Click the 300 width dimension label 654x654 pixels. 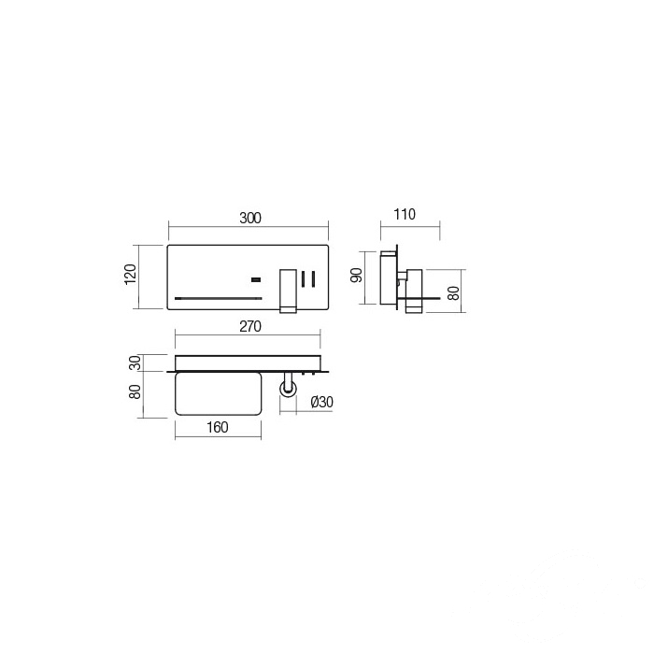(x=250, y=218)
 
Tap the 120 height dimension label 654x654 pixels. (x=131, y=274)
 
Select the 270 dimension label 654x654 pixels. (x=250, y=326)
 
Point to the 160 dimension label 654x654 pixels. (x=218, y=427)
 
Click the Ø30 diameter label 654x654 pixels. (x=322, y=402)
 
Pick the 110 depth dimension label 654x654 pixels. (x=405, y=214)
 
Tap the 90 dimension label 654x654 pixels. (x=357, y=276)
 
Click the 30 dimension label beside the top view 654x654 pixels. (x=135, y=363)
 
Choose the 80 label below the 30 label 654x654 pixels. (x=135, y=391)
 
